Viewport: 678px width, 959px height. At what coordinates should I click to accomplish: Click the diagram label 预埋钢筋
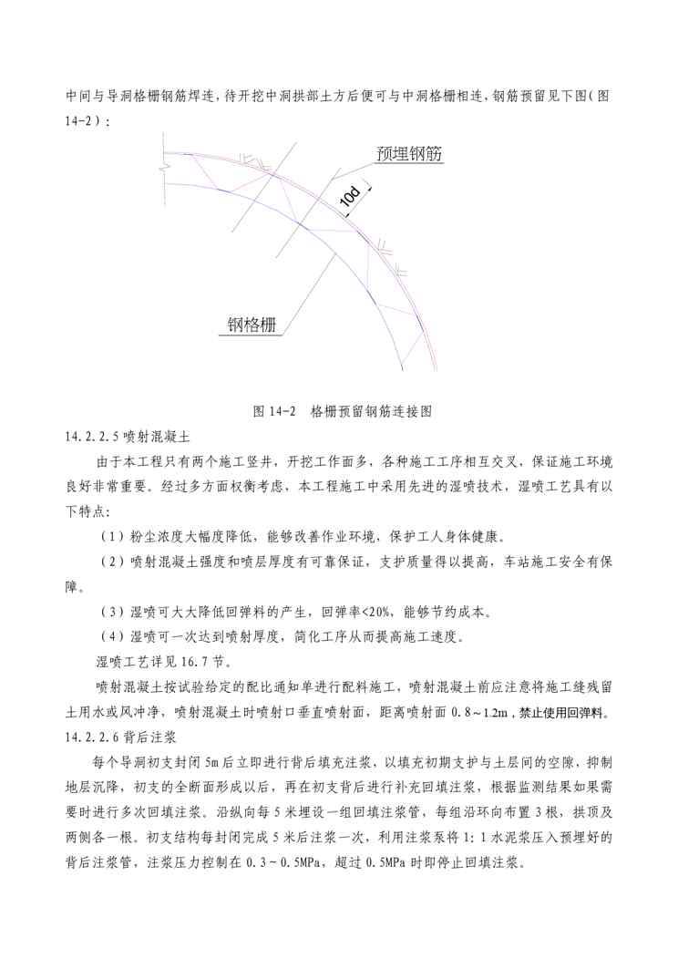(x=408, y=154)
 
